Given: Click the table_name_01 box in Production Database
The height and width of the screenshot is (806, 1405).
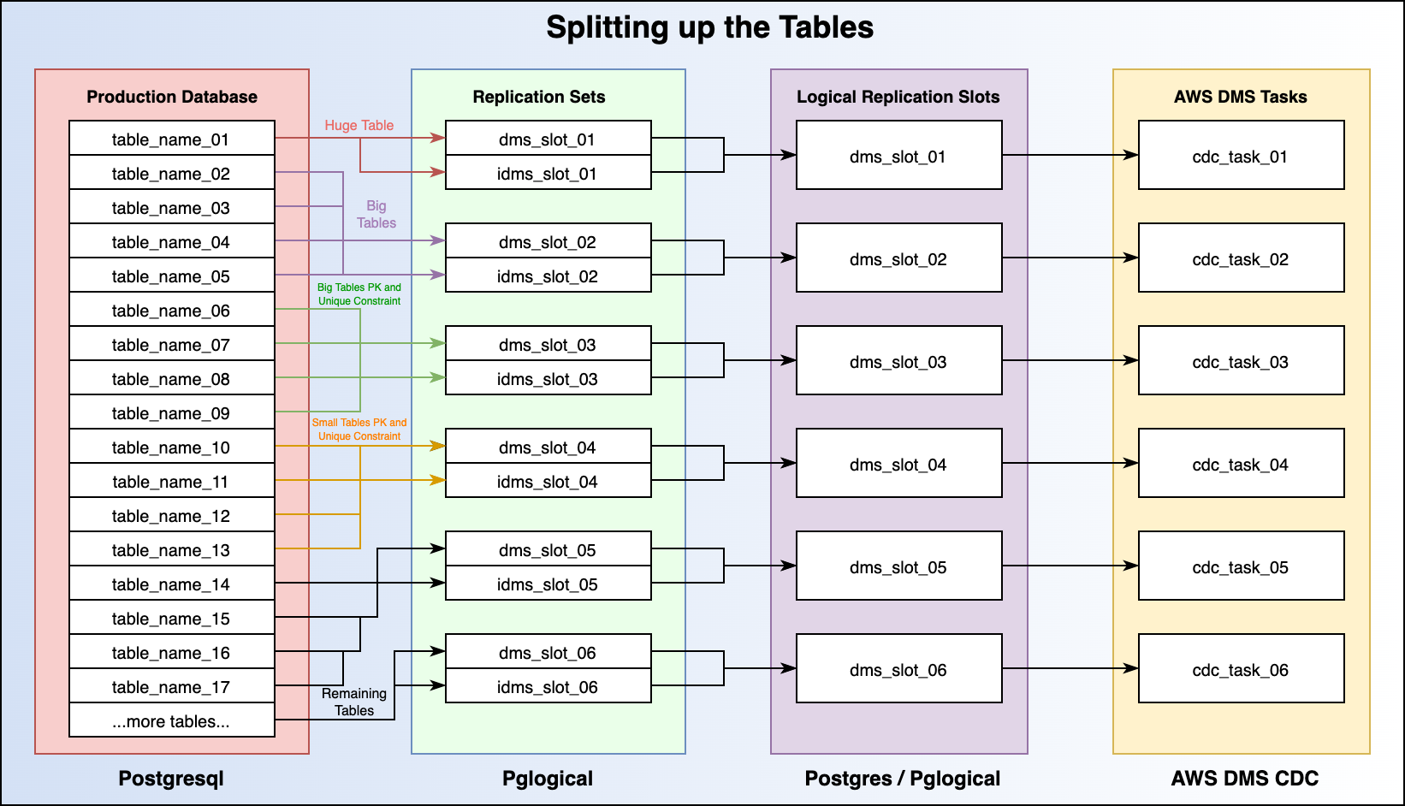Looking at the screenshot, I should pos(171,139).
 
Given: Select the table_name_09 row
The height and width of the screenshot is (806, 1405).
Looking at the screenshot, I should pos(171,412).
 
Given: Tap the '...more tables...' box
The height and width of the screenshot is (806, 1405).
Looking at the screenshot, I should pos(171,720).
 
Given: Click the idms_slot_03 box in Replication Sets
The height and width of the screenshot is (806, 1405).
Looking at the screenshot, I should pos(548,378).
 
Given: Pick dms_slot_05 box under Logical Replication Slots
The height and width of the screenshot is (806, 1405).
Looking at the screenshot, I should pos(898,566).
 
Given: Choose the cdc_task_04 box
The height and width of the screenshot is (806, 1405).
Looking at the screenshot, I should pos(1241,464).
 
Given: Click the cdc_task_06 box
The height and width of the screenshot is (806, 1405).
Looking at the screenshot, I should pos(1241,669).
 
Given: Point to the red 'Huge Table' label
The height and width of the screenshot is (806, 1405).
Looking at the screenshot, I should pos(359,125).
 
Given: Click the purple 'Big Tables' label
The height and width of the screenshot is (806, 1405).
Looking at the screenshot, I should pos(376,214).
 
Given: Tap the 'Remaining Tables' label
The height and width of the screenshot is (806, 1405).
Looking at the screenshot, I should pos(354,702).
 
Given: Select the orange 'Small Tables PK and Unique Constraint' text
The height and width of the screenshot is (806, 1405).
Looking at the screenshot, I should pos(359,429).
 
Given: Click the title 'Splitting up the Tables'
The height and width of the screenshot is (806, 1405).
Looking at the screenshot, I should pos(709,27).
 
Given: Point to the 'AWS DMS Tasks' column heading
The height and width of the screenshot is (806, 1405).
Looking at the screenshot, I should pos(1241,97).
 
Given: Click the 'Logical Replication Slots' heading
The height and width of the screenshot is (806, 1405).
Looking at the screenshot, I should pos(898,97).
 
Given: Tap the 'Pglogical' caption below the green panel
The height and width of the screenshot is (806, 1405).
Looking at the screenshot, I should pos(548,779).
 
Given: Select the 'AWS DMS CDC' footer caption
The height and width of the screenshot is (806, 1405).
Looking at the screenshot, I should pos(1245,779).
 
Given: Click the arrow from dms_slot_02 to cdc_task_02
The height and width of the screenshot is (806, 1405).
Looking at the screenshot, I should pos(1070,258).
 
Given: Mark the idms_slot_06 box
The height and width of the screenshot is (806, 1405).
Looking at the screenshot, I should pos(548,686).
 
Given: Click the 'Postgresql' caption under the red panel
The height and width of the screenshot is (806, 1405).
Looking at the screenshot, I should pos(171,779).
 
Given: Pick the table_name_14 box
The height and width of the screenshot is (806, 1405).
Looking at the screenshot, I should pos(171,584).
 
